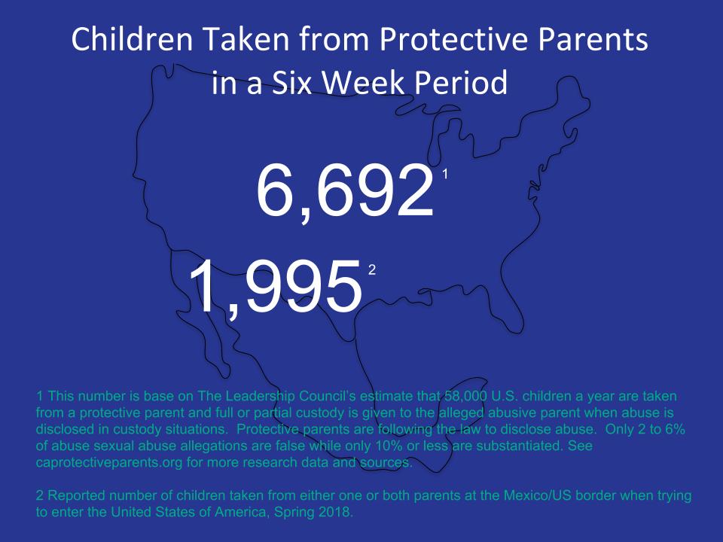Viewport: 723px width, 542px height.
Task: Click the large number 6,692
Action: point(346,190)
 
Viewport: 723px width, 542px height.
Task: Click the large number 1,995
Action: point(276,286)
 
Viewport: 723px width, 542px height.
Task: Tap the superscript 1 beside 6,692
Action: point(445,174)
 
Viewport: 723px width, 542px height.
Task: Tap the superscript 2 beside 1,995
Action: point(371,270)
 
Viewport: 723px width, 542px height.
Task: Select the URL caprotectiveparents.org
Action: point(109,462)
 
